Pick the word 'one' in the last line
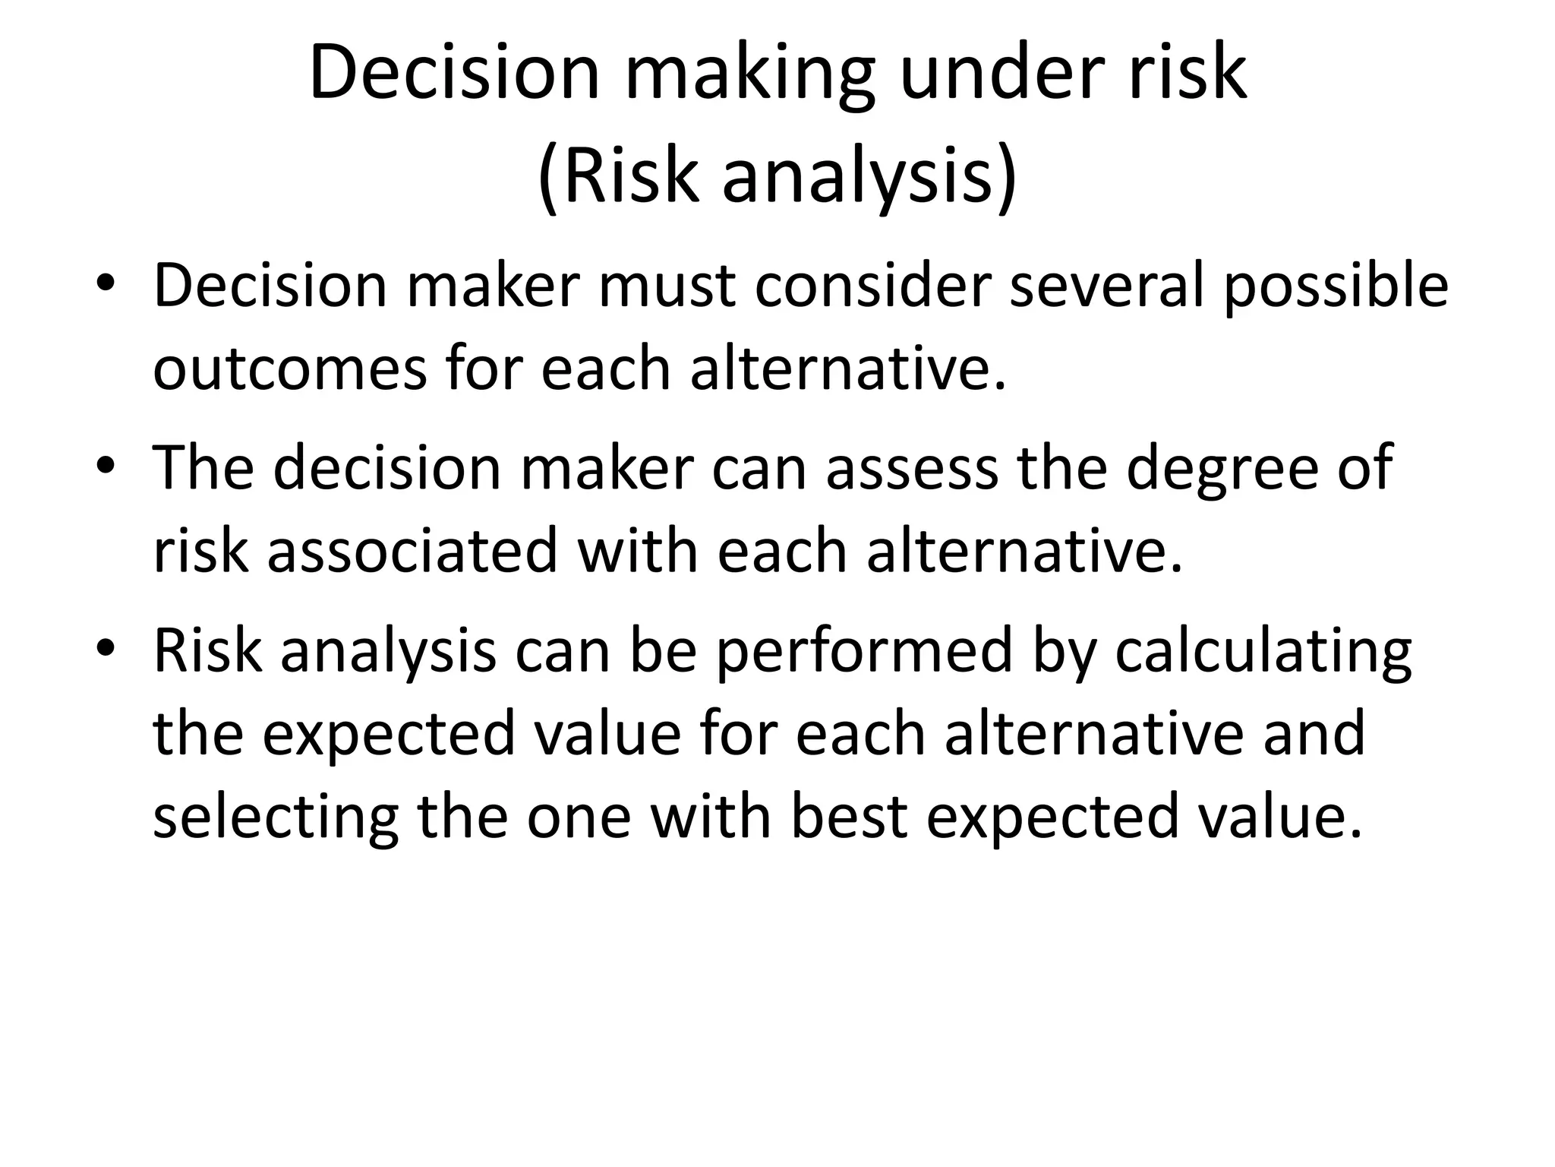click(579, 819)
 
